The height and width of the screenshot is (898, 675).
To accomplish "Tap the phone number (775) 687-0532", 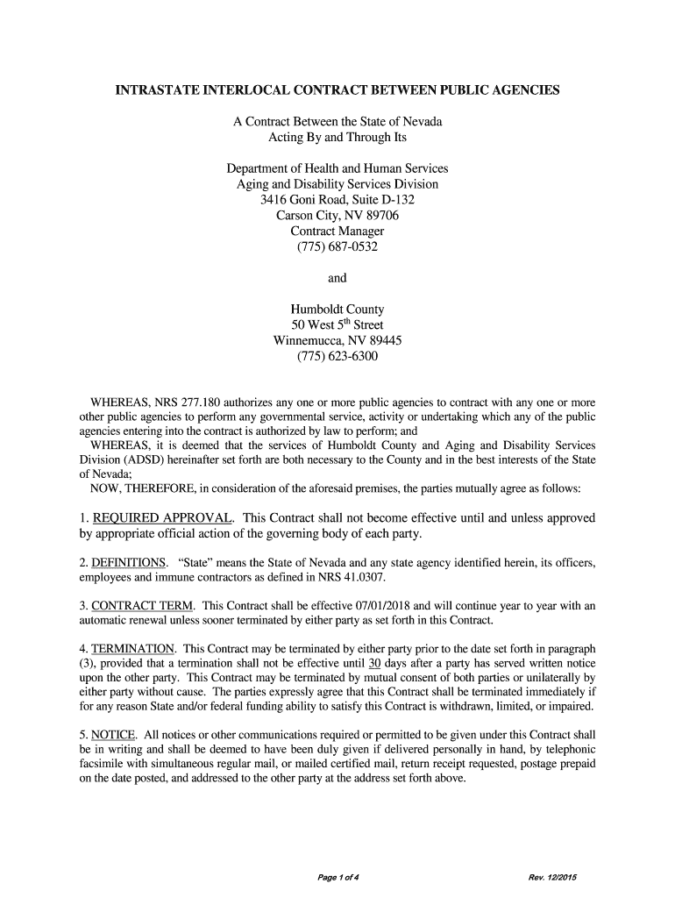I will click(337, 246).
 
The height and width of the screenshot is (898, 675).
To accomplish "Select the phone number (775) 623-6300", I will click(337, 357).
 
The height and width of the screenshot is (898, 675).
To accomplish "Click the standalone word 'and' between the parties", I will click(337, 278).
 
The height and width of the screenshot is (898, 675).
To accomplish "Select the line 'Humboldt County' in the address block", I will click(337, 310).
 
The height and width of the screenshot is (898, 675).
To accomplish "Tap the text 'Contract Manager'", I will click(337, 231).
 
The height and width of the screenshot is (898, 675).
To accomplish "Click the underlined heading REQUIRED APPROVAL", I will click(162, 517).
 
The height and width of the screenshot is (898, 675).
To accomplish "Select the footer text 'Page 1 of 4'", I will click(337, 878).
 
